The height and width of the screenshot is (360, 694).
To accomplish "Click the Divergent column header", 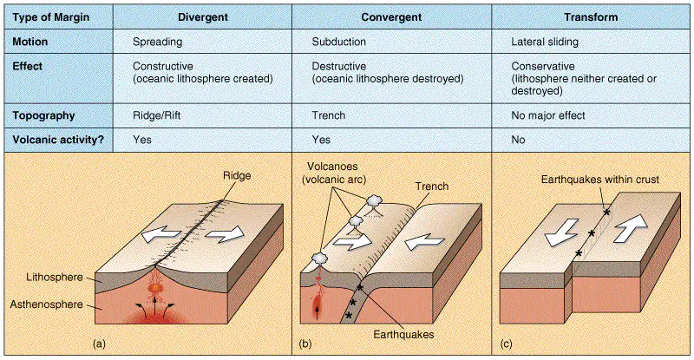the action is (x=203, y=17).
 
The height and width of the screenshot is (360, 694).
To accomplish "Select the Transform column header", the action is (x=591, y=17).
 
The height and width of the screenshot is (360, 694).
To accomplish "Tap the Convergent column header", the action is (x=391, y=17).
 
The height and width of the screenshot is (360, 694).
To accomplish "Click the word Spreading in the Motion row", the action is (x=158, y=42).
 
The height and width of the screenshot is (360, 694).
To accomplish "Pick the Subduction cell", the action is (x=339, y=42).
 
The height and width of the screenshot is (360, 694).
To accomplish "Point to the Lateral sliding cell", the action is (x=545, y=42).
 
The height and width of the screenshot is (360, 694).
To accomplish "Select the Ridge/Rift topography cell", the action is (x=157, y=115).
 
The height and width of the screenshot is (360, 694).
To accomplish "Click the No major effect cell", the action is (x=548, y=115).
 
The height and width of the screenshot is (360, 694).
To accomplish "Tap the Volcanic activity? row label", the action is (x=58, y=140).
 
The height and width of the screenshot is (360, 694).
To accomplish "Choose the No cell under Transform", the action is (x=518, y=140).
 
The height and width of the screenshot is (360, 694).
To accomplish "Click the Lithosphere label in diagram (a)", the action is (x=55, y=278).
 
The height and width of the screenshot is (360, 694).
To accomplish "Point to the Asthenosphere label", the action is (x=47, y=304).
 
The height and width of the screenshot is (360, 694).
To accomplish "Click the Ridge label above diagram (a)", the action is (x=237, y=175).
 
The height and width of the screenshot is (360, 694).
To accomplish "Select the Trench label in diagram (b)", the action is (x=431, y=187).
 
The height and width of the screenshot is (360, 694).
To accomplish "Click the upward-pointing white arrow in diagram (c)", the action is (x=631, y=227).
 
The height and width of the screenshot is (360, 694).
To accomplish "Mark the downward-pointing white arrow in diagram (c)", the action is (x=561, y=232).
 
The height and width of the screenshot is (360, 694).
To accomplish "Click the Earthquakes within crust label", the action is (x=599, y=180).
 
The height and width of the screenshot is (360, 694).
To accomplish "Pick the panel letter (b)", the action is (x=305, y=344).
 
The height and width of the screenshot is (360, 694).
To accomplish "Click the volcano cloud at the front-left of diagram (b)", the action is (x=319, y=258).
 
